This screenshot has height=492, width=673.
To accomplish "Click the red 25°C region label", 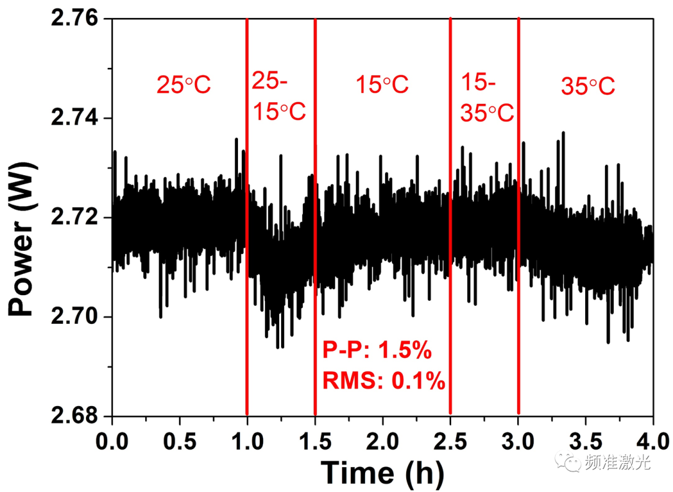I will click(x=184, y=85).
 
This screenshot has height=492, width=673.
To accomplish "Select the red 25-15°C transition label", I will click(x=279, y=97).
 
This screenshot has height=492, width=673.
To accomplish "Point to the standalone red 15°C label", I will click(x=382, y=85).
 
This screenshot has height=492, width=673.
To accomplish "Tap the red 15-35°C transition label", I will click(x=487, y=97).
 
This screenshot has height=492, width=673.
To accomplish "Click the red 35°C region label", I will click(x=588, y=85).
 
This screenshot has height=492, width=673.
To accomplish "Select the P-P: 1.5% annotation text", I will click(x=377, y=351).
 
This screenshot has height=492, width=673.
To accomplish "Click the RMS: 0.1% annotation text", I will click(x=383, y=380).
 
